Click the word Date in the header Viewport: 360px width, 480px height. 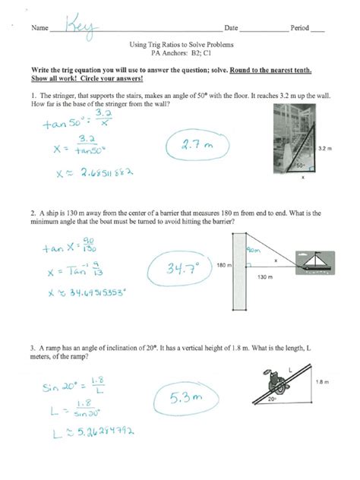(x=231, y=28)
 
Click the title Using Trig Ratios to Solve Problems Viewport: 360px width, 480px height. (x=180, y=46)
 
